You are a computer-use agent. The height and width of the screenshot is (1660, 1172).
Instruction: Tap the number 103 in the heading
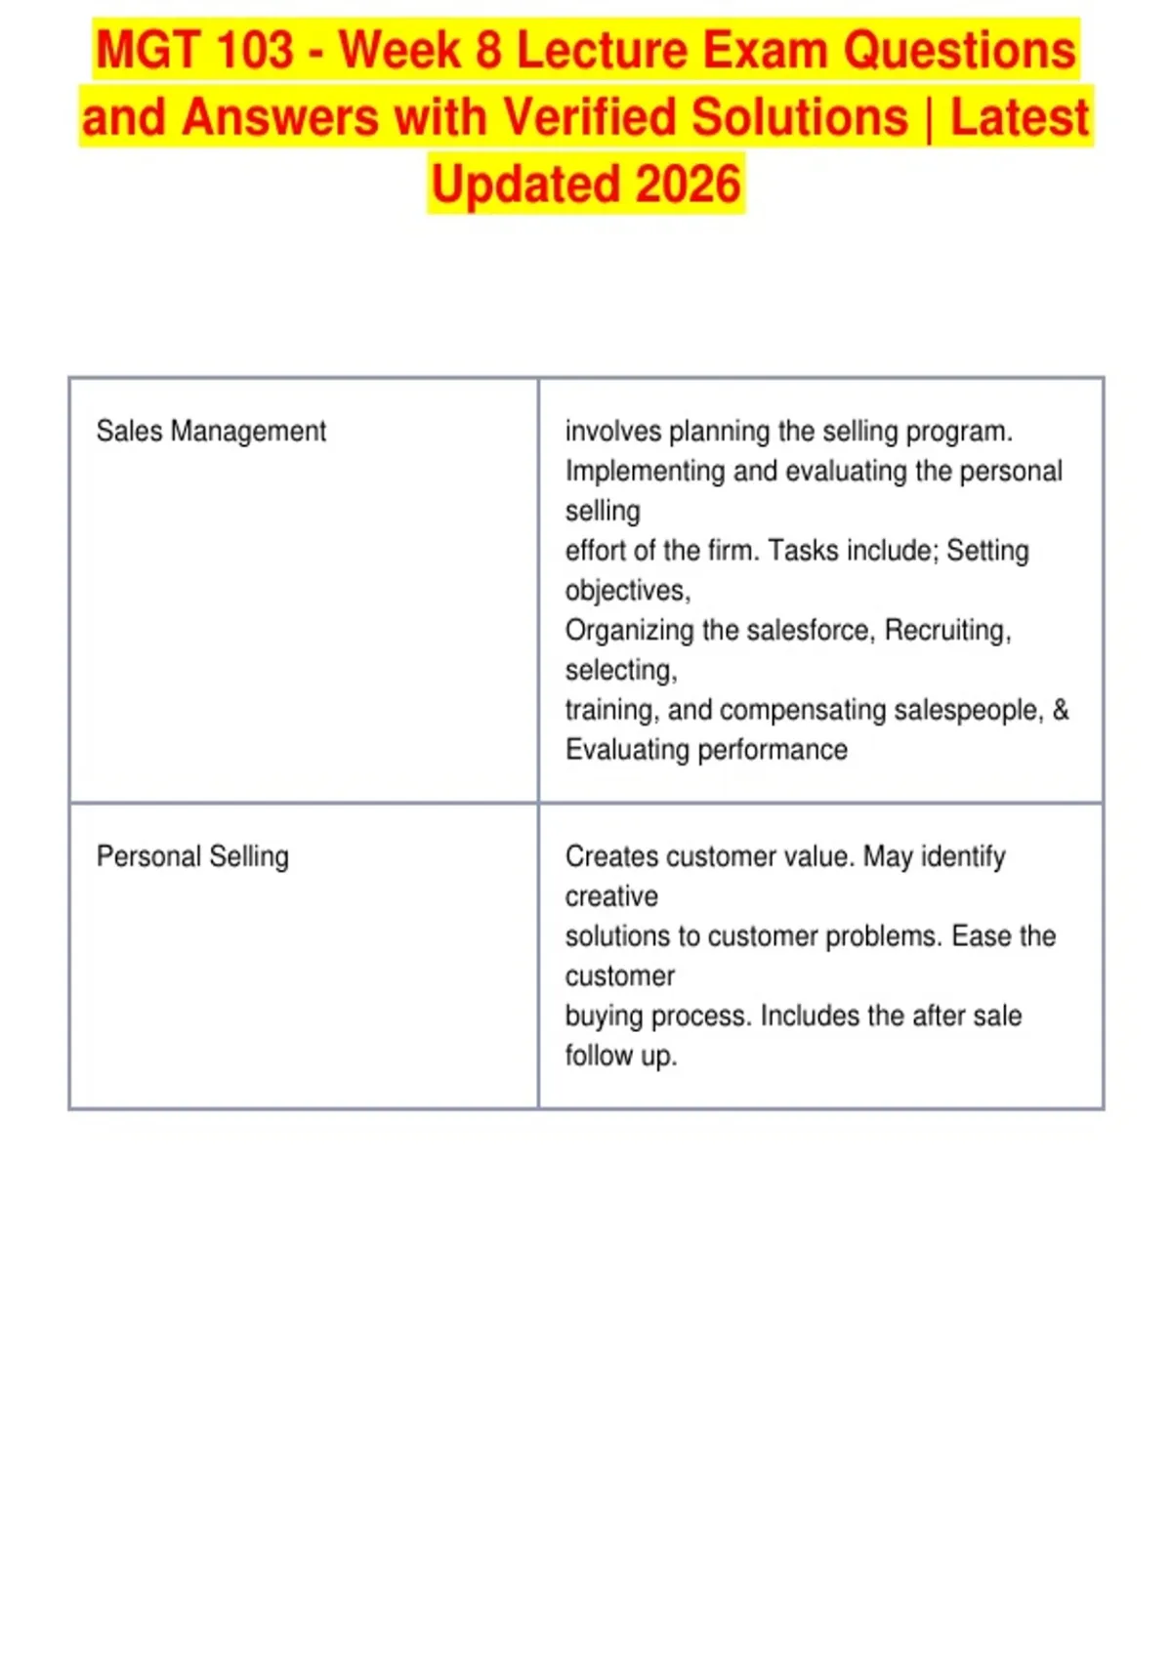255,51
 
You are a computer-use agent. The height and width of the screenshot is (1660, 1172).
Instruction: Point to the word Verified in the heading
589,117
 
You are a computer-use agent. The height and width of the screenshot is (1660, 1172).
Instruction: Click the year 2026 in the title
688,184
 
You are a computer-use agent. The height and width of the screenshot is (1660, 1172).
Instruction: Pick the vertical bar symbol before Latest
929,118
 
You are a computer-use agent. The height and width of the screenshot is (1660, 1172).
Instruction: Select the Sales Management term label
211,432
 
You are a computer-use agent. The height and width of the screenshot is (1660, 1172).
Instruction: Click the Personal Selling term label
192,856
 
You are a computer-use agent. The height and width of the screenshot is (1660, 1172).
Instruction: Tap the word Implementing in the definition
645,472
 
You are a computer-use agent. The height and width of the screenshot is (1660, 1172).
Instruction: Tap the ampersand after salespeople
1061,710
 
